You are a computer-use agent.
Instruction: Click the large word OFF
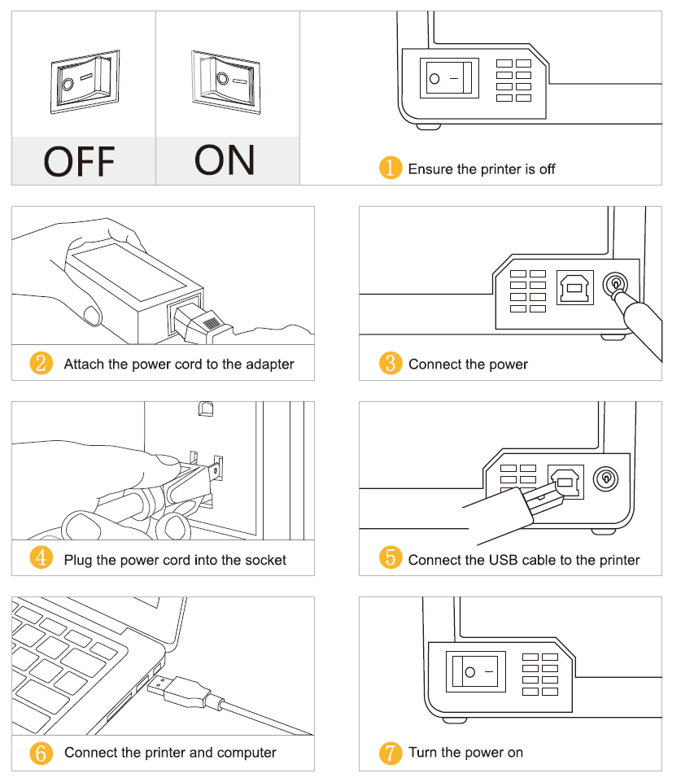click(x=79, y=161)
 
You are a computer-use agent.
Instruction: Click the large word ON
click(x=225, y=159)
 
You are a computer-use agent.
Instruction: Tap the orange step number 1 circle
click(x=391, y=168)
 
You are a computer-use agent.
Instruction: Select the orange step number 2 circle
click(x=41, y=363)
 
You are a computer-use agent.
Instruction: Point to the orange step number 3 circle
click(x=391, y=363)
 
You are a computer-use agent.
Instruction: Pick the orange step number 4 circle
click(x=41, y=559)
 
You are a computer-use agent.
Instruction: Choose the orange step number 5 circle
click(x=391, y=559)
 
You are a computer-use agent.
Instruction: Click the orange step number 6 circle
click(x=41, y=753)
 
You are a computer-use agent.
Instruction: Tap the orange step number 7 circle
click(x=391, y=753)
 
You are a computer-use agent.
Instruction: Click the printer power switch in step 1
click(x=449, y=78)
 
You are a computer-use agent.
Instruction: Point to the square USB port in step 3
click(x=575, y=287)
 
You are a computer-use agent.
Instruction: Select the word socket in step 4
click(x=264, y=560)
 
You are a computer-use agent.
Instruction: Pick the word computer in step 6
click(x=245, y=753)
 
